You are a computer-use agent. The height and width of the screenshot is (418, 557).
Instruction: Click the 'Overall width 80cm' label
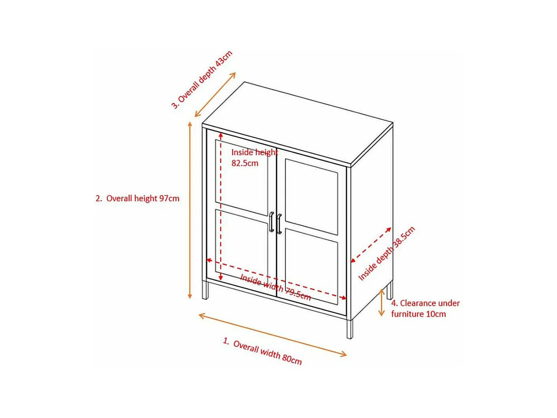click(263, 351)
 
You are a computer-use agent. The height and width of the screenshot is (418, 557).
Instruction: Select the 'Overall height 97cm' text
click(137, 198)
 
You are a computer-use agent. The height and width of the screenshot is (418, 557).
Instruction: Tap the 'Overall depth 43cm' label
click(202, 79)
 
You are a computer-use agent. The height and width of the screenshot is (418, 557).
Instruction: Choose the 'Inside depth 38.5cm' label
click(386, 254)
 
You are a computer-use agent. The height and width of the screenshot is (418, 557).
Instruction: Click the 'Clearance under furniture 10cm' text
click(425, 308)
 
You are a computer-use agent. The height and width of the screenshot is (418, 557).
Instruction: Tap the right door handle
click(279, 224)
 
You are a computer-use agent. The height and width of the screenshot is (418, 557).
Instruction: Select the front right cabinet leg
click(349, 330)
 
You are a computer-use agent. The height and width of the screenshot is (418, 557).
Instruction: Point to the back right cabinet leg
click(390, 290)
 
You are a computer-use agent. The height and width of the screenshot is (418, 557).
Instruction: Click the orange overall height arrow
click(190, 210)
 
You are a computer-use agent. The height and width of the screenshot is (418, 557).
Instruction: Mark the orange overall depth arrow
click(215, 94)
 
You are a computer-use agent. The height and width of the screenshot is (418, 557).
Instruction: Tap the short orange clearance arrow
click(382, 302)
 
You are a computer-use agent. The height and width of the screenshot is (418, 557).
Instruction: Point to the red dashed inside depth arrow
click(371, 245)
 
